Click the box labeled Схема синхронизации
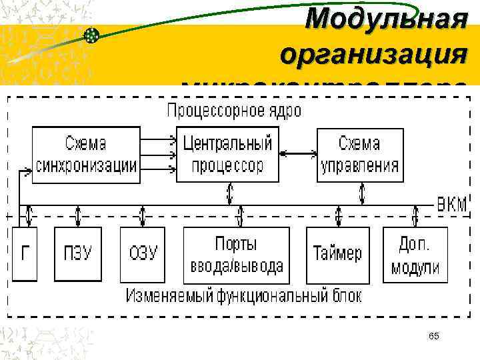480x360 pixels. [x=85, y=155]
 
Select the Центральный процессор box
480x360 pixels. [x=227, y=155]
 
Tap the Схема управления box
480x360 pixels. [x=359, y=155]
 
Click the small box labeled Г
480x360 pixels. [x=25, y=253]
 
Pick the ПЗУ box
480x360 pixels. [x=78, y=253]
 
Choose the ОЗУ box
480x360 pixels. [x=142, y=253]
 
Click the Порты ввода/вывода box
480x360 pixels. [x=237, y=255]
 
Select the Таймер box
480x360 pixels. [x=337, y=255]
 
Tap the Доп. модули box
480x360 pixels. [x=415, y=255]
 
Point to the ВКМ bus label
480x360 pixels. [x=452, y=203]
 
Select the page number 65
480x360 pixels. [x=434, y=335]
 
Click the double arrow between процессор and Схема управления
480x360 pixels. [x=297, y=154]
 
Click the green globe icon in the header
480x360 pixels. [x=92, y=35]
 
